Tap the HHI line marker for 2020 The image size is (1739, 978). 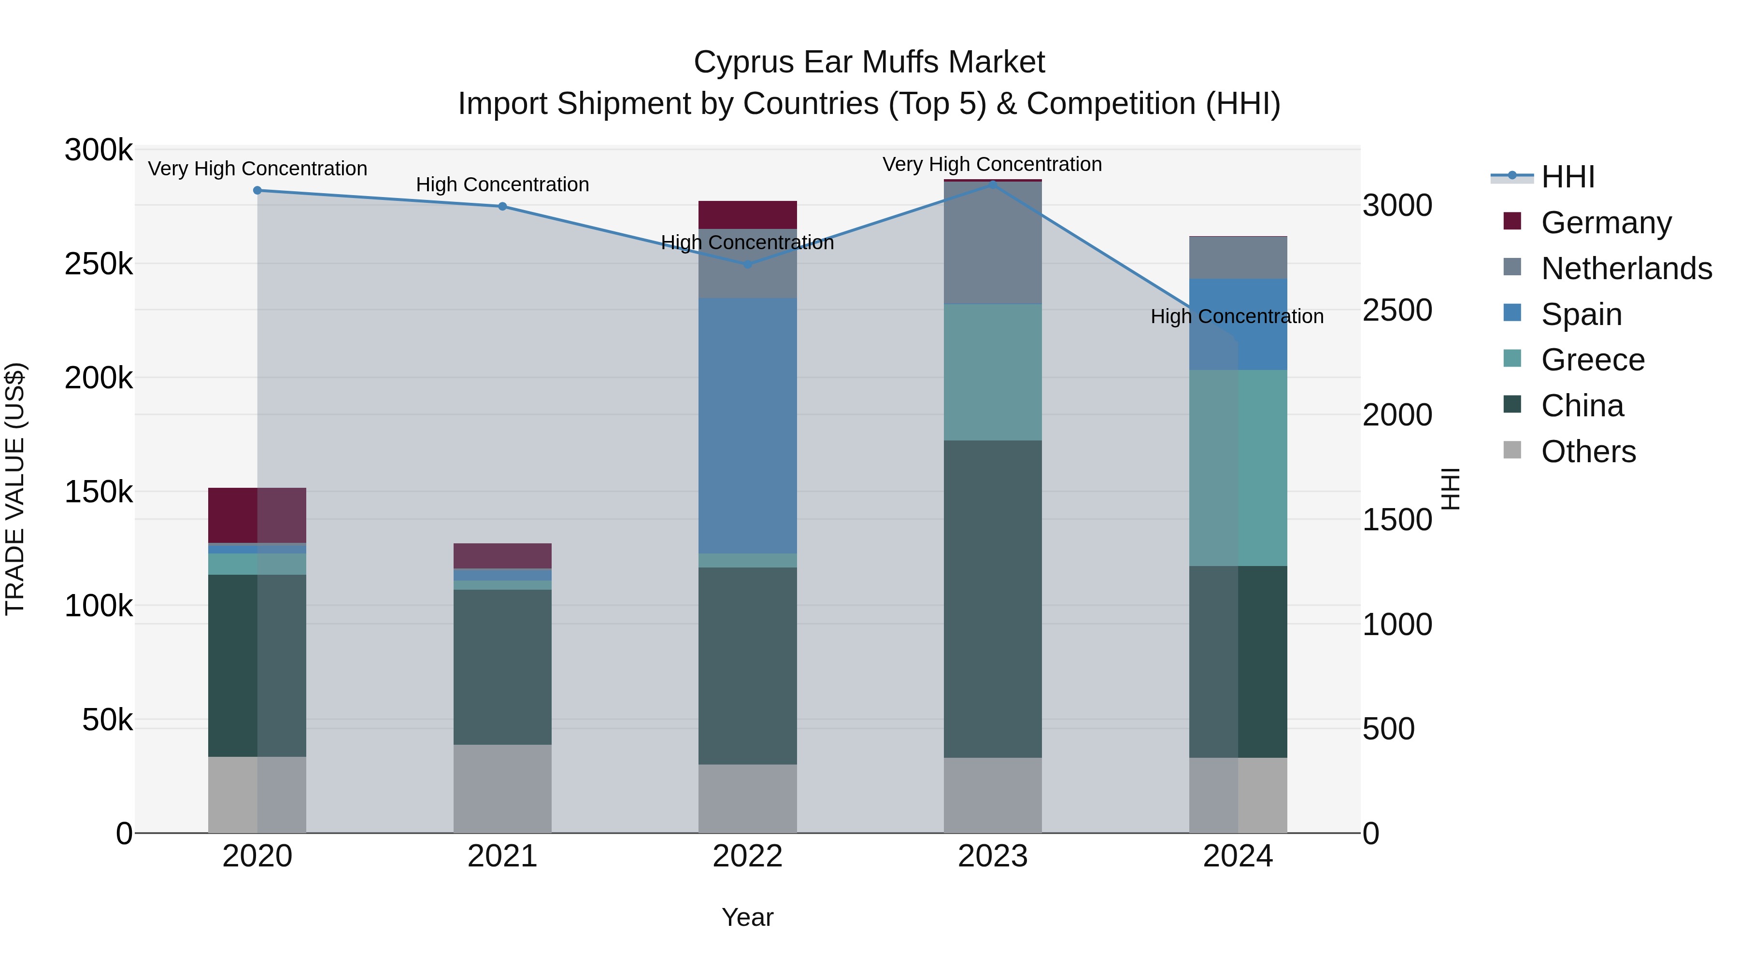tap(257, 190)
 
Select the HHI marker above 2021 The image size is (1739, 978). tap(502, 207)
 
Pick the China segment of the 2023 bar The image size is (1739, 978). tap(992, 599)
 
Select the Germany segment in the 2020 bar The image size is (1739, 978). tap(257, 515)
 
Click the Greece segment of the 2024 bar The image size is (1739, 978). tap(1238, 468)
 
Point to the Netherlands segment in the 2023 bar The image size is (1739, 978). tap(992, 243)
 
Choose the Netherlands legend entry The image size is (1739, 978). tap(1625, 269)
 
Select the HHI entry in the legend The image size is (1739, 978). tap(1568, 177)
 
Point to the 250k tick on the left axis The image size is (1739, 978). tap(99, 264)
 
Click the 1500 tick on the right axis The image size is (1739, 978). tap(1397, 520)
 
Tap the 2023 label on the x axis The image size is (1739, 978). tap(992, 856)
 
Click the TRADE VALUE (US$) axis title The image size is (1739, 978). tap(15, 489)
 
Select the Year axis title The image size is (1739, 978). tap(747, 917)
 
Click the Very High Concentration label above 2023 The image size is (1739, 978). tap(992, 164)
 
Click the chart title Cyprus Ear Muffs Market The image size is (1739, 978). tap(869, 62)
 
